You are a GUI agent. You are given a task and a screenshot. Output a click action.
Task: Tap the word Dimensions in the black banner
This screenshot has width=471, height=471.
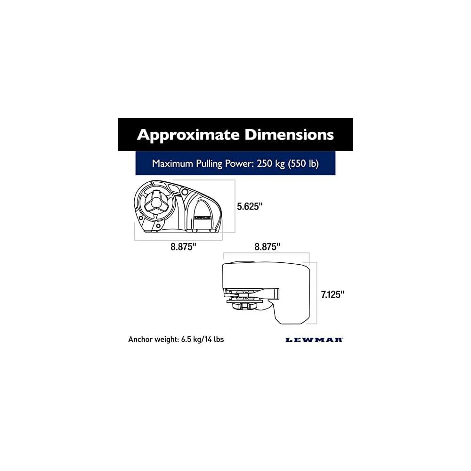pos(289,135)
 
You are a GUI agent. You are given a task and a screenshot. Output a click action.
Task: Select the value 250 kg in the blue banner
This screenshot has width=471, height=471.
pos(267,163)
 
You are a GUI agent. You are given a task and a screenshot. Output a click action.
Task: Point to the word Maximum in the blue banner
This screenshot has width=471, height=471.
pos(171,163)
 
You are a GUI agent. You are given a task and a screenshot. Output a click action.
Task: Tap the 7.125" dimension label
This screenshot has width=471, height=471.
pos(333,295)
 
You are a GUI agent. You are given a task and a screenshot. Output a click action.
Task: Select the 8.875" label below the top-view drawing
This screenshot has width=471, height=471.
pos(183,247)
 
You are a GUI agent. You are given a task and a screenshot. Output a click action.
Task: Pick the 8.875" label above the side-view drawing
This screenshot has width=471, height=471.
pos(267,246)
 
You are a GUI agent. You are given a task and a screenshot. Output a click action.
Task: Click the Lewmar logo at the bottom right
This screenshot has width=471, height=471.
pos(314,340)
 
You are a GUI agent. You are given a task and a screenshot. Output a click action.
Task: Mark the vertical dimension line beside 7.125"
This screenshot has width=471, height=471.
pos(317,293)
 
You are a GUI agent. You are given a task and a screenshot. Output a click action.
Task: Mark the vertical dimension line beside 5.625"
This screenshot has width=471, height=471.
pos(235,206)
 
